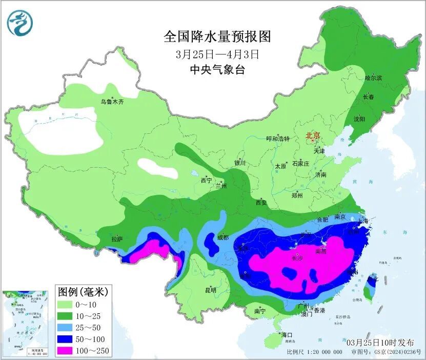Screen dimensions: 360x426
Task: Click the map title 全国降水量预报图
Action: click(217, 36)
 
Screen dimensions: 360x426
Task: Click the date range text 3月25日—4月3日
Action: click(217, 53)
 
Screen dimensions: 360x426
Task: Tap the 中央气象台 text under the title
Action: click(217, 70)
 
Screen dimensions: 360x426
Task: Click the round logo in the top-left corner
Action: click(20, 23)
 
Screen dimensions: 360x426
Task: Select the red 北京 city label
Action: click(313, 136)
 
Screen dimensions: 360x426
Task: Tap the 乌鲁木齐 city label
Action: click(112, 102)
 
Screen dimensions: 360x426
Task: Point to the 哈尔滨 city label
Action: click(373, 78)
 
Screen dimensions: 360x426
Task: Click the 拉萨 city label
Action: click(117, 238)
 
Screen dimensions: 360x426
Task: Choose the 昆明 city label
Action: click(211, 290)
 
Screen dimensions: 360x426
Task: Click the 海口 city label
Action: click(286, 335)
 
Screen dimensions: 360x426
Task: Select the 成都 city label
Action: click(222, 237)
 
